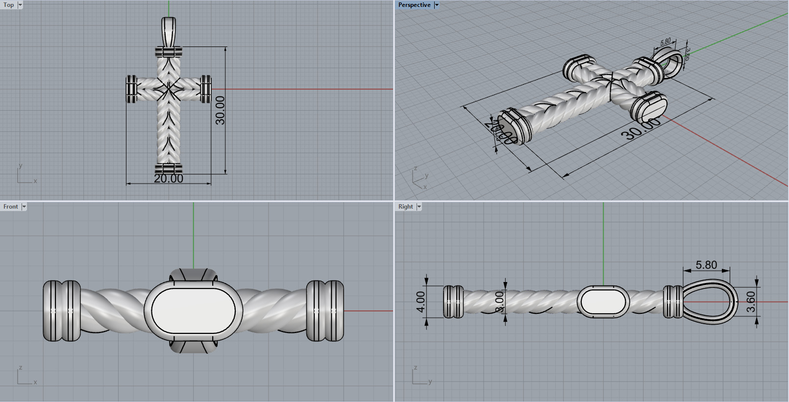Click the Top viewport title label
point(9,5)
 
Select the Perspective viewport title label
point(414,5)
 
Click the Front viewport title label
point(10,207)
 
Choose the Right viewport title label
point(405,207)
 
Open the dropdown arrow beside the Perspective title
point(437,5)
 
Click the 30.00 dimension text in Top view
point(221,110)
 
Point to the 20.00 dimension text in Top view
point(169,179)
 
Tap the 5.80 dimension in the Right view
point(706,265)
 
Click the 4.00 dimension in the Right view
point(420,302)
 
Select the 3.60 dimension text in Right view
point(751,302)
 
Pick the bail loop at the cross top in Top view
point(169,31)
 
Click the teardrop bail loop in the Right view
point(711,301)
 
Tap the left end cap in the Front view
point(62,310)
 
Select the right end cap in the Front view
point(325,310)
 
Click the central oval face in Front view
point(194,310)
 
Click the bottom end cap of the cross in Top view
point(169,168)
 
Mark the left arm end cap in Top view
point(131,89)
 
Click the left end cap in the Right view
point(453,302)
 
